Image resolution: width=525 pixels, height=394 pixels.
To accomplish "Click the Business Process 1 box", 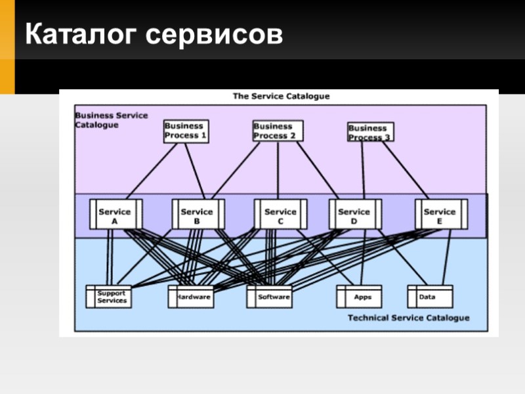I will click(x=186, y=131).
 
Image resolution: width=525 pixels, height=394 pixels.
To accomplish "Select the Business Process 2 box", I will click(x=278, y=131).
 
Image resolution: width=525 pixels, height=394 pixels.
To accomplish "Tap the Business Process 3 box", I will click(x=370, y=132).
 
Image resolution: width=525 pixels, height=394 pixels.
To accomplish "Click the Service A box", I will click(x=115, y=215).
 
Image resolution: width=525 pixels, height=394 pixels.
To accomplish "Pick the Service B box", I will click(x=198, y=215).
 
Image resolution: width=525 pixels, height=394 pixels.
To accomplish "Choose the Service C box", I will click(x=281, y=215).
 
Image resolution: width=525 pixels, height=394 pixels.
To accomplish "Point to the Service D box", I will click(x=354, y=215).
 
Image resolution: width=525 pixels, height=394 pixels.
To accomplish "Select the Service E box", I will click(x=440, y=215).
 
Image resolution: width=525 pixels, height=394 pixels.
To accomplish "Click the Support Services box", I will click(x=109, y=297).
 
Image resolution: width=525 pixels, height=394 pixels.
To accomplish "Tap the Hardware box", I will click(x=192, y=297).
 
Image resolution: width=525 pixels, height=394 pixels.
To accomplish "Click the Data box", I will click(x=430, y=297).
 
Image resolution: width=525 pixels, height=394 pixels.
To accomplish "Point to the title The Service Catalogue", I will click(x=281, y=96).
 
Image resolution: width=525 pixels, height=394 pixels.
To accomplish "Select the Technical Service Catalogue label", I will click(x=408, y=318).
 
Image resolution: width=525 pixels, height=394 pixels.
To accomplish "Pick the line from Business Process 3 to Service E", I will click(x=406, y=169).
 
